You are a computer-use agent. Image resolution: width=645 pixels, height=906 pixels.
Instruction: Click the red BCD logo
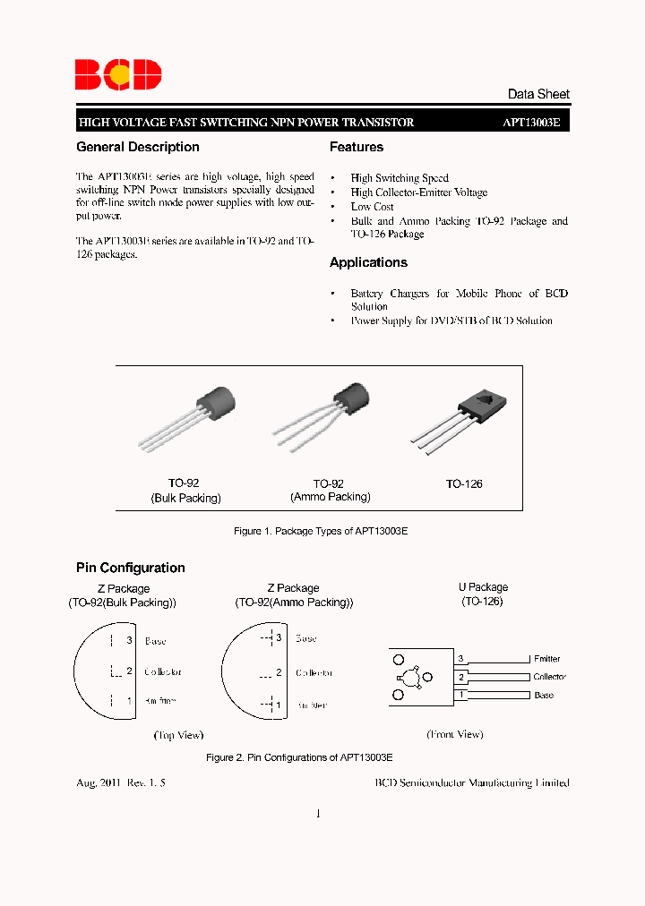[x=118, y=74]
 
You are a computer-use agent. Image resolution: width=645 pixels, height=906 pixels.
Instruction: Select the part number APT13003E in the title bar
[x=530, y=123]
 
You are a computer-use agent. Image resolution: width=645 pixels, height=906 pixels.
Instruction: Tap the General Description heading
[x=138, y=147]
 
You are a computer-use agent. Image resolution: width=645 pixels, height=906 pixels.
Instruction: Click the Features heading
[x=357, y=147]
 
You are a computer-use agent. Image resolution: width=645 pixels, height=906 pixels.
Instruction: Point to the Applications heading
[x=368, y=262]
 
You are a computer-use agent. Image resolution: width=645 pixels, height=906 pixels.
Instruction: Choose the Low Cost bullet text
[x=372, y=207]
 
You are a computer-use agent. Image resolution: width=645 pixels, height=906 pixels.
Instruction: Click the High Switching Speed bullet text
[x=400, y=178]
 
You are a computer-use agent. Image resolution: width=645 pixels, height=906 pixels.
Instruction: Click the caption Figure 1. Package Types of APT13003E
[x=321, y=532]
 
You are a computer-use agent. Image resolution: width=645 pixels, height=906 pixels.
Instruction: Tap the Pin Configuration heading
[x=131, y=568]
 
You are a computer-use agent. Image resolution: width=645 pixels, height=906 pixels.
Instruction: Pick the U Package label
[x=483, y=588]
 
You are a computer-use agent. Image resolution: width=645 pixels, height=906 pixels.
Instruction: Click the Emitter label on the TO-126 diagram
[x=546, y=659]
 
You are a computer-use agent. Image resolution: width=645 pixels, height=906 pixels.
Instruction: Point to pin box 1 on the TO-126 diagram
[x=461, y=695]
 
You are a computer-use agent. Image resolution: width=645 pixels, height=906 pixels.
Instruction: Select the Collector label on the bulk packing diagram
[x=163, y=671]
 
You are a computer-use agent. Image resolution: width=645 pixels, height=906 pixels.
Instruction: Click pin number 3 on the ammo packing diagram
[x=279, y=638]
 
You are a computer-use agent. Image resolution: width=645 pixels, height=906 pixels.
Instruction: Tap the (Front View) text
[x=455, y=734]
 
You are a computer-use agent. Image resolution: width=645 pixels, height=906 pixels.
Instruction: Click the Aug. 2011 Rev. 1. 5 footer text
[x=121, y=782]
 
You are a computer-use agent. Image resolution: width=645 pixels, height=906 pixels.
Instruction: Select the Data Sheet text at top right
[x=537, y=94]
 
